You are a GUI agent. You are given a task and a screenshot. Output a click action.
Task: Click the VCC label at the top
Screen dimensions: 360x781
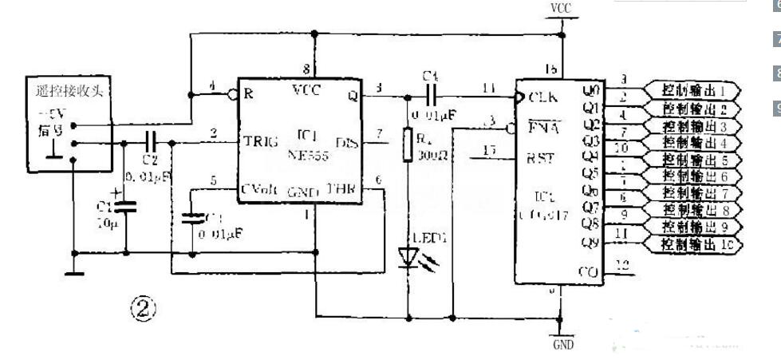click(561, 7)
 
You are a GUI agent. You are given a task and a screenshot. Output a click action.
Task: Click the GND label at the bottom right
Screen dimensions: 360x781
click(563, 345)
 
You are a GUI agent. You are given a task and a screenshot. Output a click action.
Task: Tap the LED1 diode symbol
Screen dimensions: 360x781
click(408, 256)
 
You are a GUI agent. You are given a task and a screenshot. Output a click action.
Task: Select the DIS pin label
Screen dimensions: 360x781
click(347, 142)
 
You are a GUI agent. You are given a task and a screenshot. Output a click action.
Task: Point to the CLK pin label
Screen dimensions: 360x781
click(542, 97)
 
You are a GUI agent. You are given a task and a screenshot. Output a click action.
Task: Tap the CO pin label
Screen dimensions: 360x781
click(586, 272)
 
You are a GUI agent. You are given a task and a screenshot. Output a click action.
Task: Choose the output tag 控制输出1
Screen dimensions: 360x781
click(695, 89)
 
